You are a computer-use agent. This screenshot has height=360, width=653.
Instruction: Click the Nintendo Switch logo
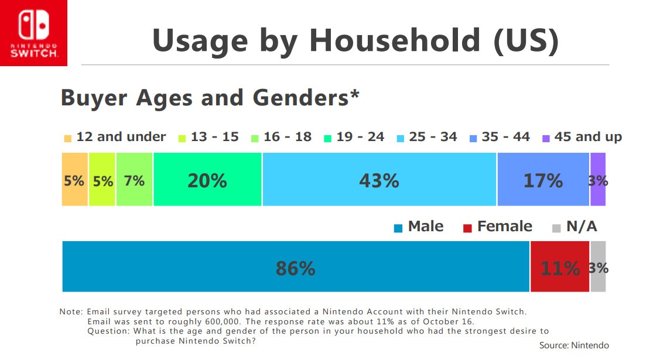pos(33,33)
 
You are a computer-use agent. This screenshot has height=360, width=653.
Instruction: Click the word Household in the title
pos(394,41)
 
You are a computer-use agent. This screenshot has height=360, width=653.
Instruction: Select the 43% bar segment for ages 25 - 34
pos(380,179)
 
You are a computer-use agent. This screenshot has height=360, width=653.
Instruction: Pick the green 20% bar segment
pos(207,179)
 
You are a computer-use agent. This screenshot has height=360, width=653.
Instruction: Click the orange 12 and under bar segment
pos(74,179)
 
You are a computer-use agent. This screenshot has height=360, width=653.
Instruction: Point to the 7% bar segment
pos(134,179)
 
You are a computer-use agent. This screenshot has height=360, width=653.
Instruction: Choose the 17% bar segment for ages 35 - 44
pos(543,179)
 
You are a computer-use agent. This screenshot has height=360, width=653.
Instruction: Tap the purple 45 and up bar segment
pos(597,179)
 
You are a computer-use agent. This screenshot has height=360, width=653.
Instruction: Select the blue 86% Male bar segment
pos(296,266)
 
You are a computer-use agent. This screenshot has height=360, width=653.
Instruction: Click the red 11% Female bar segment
pos(560,266)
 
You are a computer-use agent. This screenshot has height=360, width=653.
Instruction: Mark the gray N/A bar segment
pos(598,266)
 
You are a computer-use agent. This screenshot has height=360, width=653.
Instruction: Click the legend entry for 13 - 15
pos(208,137)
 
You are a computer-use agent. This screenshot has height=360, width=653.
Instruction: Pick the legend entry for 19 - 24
pos(354,137)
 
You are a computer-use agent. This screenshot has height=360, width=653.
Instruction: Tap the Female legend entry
pos(498,227)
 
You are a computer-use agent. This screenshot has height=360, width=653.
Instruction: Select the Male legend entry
pos(419,227)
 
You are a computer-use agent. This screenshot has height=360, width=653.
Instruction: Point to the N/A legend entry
pos(575,227)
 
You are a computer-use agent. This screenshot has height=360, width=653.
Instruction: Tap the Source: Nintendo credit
pos(574,345)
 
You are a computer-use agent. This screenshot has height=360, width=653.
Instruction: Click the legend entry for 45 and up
pos(582,137)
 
